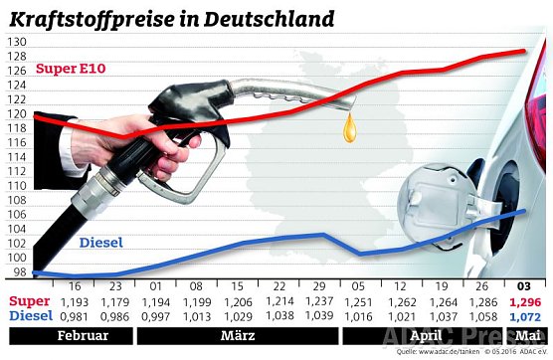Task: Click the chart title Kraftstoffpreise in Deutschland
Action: click(x=170, y=18)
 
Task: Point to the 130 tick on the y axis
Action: click(x=16, y=42)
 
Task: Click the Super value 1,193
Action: click(x=77, y=301)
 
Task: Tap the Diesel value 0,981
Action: click(x=77, y=316)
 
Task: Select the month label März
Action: click(x=230, y=336)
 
